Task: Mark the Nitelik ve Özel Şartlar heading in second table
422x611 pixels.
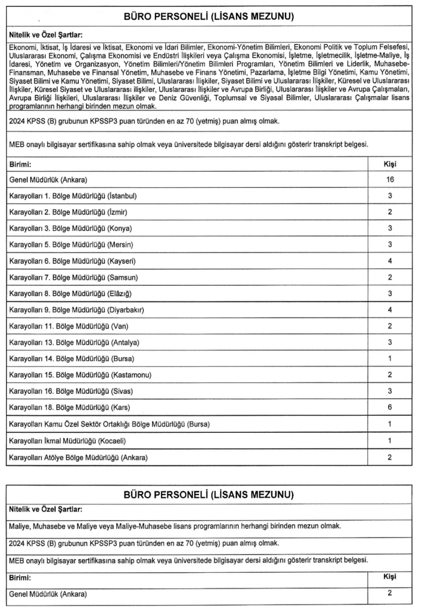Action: (x=45, y=509)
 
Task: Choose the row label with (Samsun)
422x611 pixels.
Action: (x=69, y=277)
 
